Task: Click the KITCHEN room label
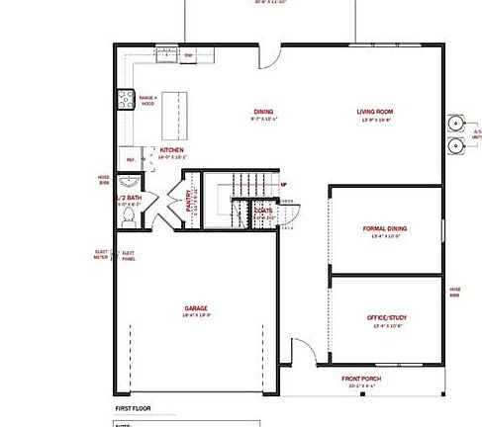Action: click(173, 150)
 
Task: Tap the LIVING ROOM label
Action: click(375, 112)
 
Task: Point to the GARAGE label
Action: click(196, 308)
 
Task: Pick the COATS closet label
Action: click(262, 211)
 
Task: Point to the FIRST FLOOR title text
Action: click(134, 407)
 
